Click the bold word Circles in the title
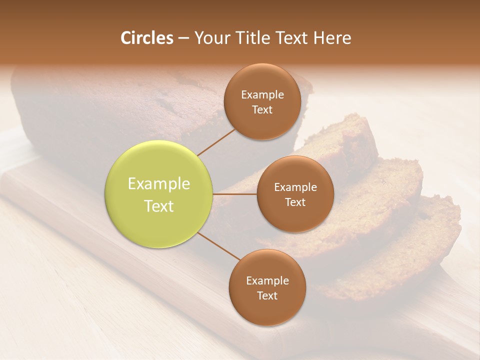click(146, 38)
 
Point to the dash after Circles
click(183, 38)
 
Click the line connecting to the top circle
click(215, 141)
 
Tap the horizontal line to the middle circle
click(235, 194)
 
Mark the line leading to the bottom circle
click(218, 246)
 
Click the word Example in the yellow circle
click(159, 184)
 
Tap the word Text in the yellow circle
click(159, 206)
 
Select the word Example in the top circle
click(262, 94)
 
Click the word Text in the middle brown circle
click(295, 202)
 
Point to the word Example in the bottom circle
click(267, 280)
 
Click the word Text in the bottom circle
click(267, 295)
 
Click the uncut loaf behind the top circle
click(115, 110)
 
